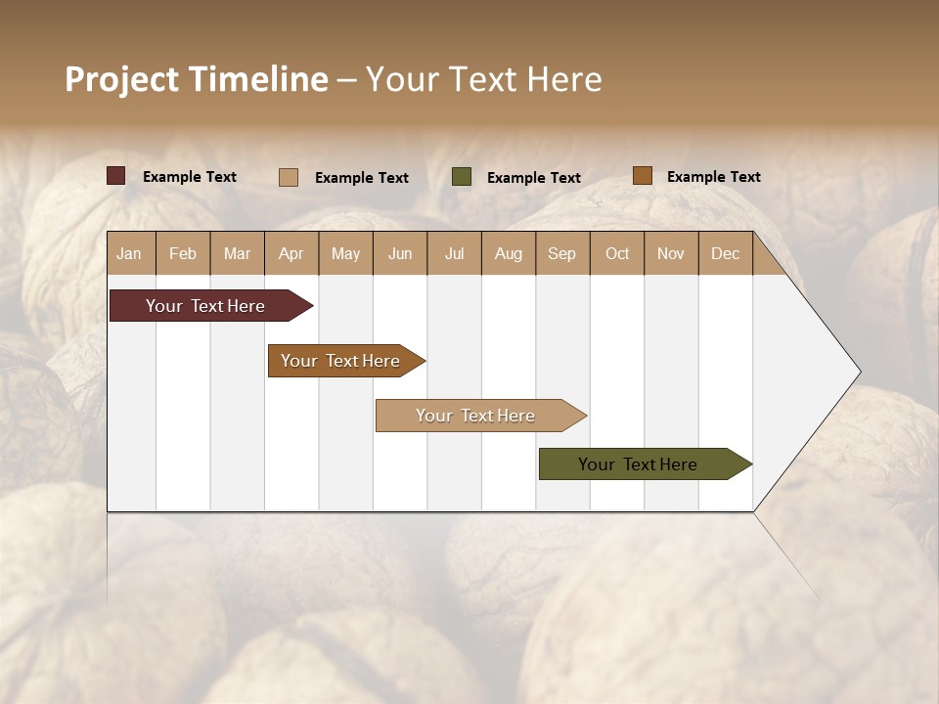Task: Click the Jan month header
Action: coord(129,253)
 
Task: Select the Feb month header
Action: coord(183,253)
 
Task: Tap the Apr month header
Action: coord(291,253)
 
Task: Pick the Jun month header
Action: coord(400,253)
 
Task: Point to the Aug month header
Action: coord(508,253)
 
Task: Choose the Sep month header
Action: coord(561,253)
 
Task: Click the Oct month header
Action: coord(617,253)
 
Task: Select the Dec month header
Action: coord(725,253)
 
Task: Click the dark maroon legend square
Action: coord(115,176)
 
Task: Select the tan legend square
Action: coord(289,177)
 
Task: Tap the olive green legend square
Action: coord(462,177)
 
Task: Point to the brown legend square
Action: coord(642,176)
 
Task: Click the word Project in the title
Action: coord(122,79)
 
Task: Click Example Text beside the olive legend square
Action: coord(533,178)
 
